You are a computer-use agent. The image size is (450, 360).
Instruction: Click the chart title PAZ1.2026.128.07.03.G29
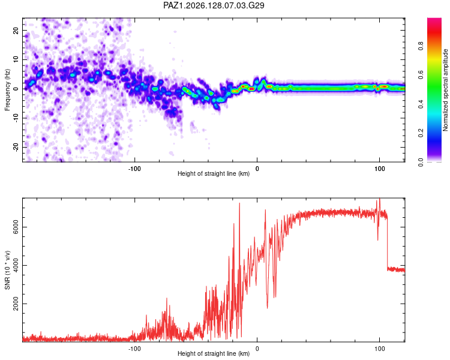[x=214, y=5]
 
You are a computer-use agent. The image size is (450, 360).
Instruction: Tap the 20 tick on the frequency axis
[x=16, y=30]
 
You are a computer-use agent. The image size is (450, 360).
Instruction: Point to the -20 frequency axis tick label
[x=16, y=147]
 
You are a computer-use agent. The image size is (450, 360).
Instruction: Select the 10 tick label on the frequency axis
[x=16, y=59]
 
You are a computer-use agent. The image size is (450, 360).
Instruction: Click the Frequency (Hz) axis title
[x=7, y=89]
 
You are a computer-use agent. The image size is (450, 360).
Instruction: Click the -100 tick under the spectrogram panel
[x=134, y=169]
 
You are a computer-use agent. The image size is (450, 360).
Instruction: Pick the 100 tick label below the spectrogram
[x=379, y=169]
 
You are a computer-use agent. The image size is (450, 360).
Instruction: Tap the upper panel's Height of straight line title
[x=214, y=173]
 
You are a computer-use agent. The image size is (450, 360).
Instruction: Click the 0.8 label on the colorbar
[x=421, y=46]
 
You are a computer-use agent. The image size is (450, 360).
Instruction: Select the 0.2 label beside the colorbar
[x=421, y=133]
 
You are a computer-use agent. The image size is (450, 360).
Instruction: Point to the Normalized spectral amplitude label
[x=445, y=90]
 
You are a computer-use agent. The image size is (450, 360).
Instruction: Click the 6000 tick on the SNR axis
[x=16, y=227]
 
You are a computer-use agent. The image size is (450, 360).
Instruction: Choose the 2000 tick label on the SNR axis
[x=16, y=304]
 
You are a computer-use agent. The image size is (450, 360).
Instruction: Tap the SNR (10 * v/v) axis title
[x=7, y=270]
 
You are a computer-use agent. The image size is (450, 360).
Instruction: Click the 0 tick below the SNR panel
[x=257, y=349]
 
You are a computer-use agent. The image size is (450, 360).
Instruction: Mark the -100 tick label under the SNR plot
[x=134, y=349]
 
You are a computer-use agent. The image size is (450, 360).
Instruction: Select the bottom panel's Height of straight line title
[x=214, y=353]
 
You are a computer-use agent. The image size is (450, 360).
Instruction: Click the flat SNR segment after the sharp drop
[x=396, y=269]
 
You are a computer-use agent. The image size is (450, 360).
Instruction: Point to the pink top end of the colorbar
[x=434, y=20]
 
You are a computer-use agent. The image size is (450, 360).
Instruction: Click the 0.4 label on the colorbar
[x=421, y=104]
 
